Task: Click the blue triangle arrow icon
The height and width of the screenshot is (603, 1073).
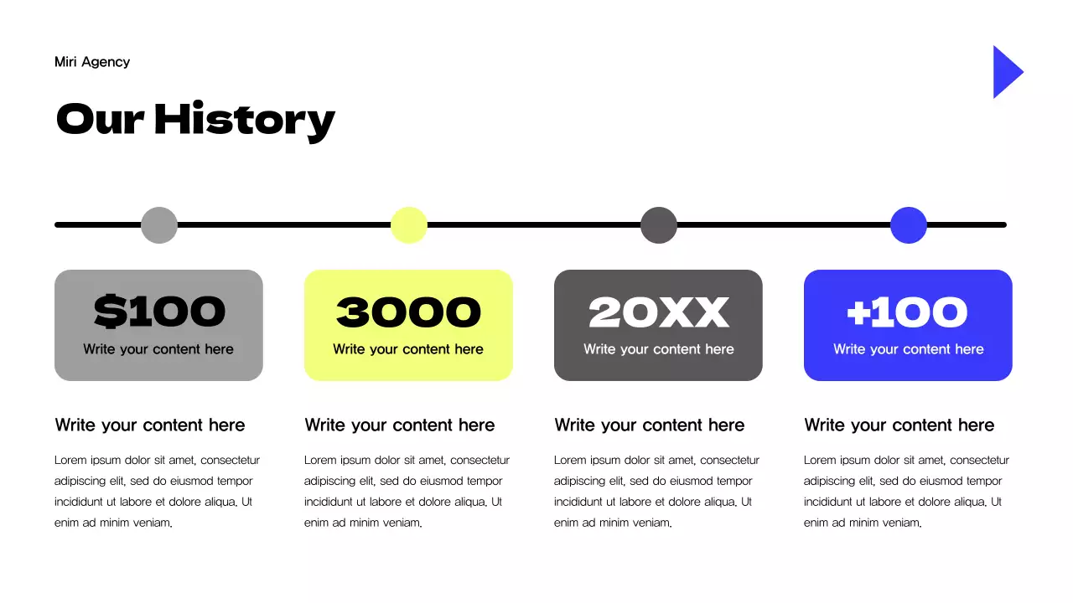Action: click(x=1006, y=72)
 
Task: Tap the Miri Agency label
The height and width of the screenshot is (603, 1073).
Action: click(x=92, y=62)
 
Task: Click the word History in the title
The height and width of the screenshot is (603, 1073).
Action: click(x=245, y=119)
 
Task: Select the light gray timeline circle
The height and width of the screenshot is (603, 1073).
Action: click(x=159, y=225)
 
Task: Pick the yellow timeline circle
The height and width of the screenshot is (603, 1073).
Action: click(x=409, y=225)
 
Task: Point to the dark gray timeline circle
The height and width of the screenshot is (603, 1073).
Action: click(x=659, y=225)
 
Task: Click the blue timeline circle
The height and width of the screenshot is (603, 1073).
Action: click(x=909, y=225)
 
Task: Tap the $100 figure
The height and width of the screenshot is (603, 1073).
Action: click(x=159, y=312)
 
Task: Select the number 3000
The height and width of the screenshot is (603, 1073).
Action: click(x=408, y=312)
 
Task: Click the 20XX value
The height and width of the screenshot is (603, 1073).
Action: click(x=659, y=312)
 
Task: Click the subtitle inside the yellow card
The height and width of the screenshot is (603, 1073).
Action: click(x=408, y=349)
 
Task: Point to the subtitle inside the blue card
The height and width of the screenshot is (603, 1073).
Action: click(x=908, y=349)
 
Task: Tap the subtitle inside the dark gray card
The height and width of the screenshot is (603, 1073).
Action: click(x=659, y=349)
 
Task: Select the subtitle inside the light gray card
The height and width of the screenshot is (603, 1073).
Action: click(x=158, y=349)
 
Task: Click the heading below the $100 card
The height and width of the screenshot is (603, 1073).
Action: click(x=150, y=425)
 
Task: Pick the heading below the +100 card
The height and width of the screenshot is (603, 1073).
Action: click(x=899, y=425)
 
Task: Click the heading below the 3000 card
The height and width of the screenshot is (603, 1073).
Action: click(x=400, y=425)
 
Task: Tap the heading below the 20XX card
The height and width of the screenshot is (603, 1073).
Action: click(x=650, y=425)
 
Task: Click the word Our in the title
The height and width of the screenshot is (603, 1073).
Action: click(x=101, y=119)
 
